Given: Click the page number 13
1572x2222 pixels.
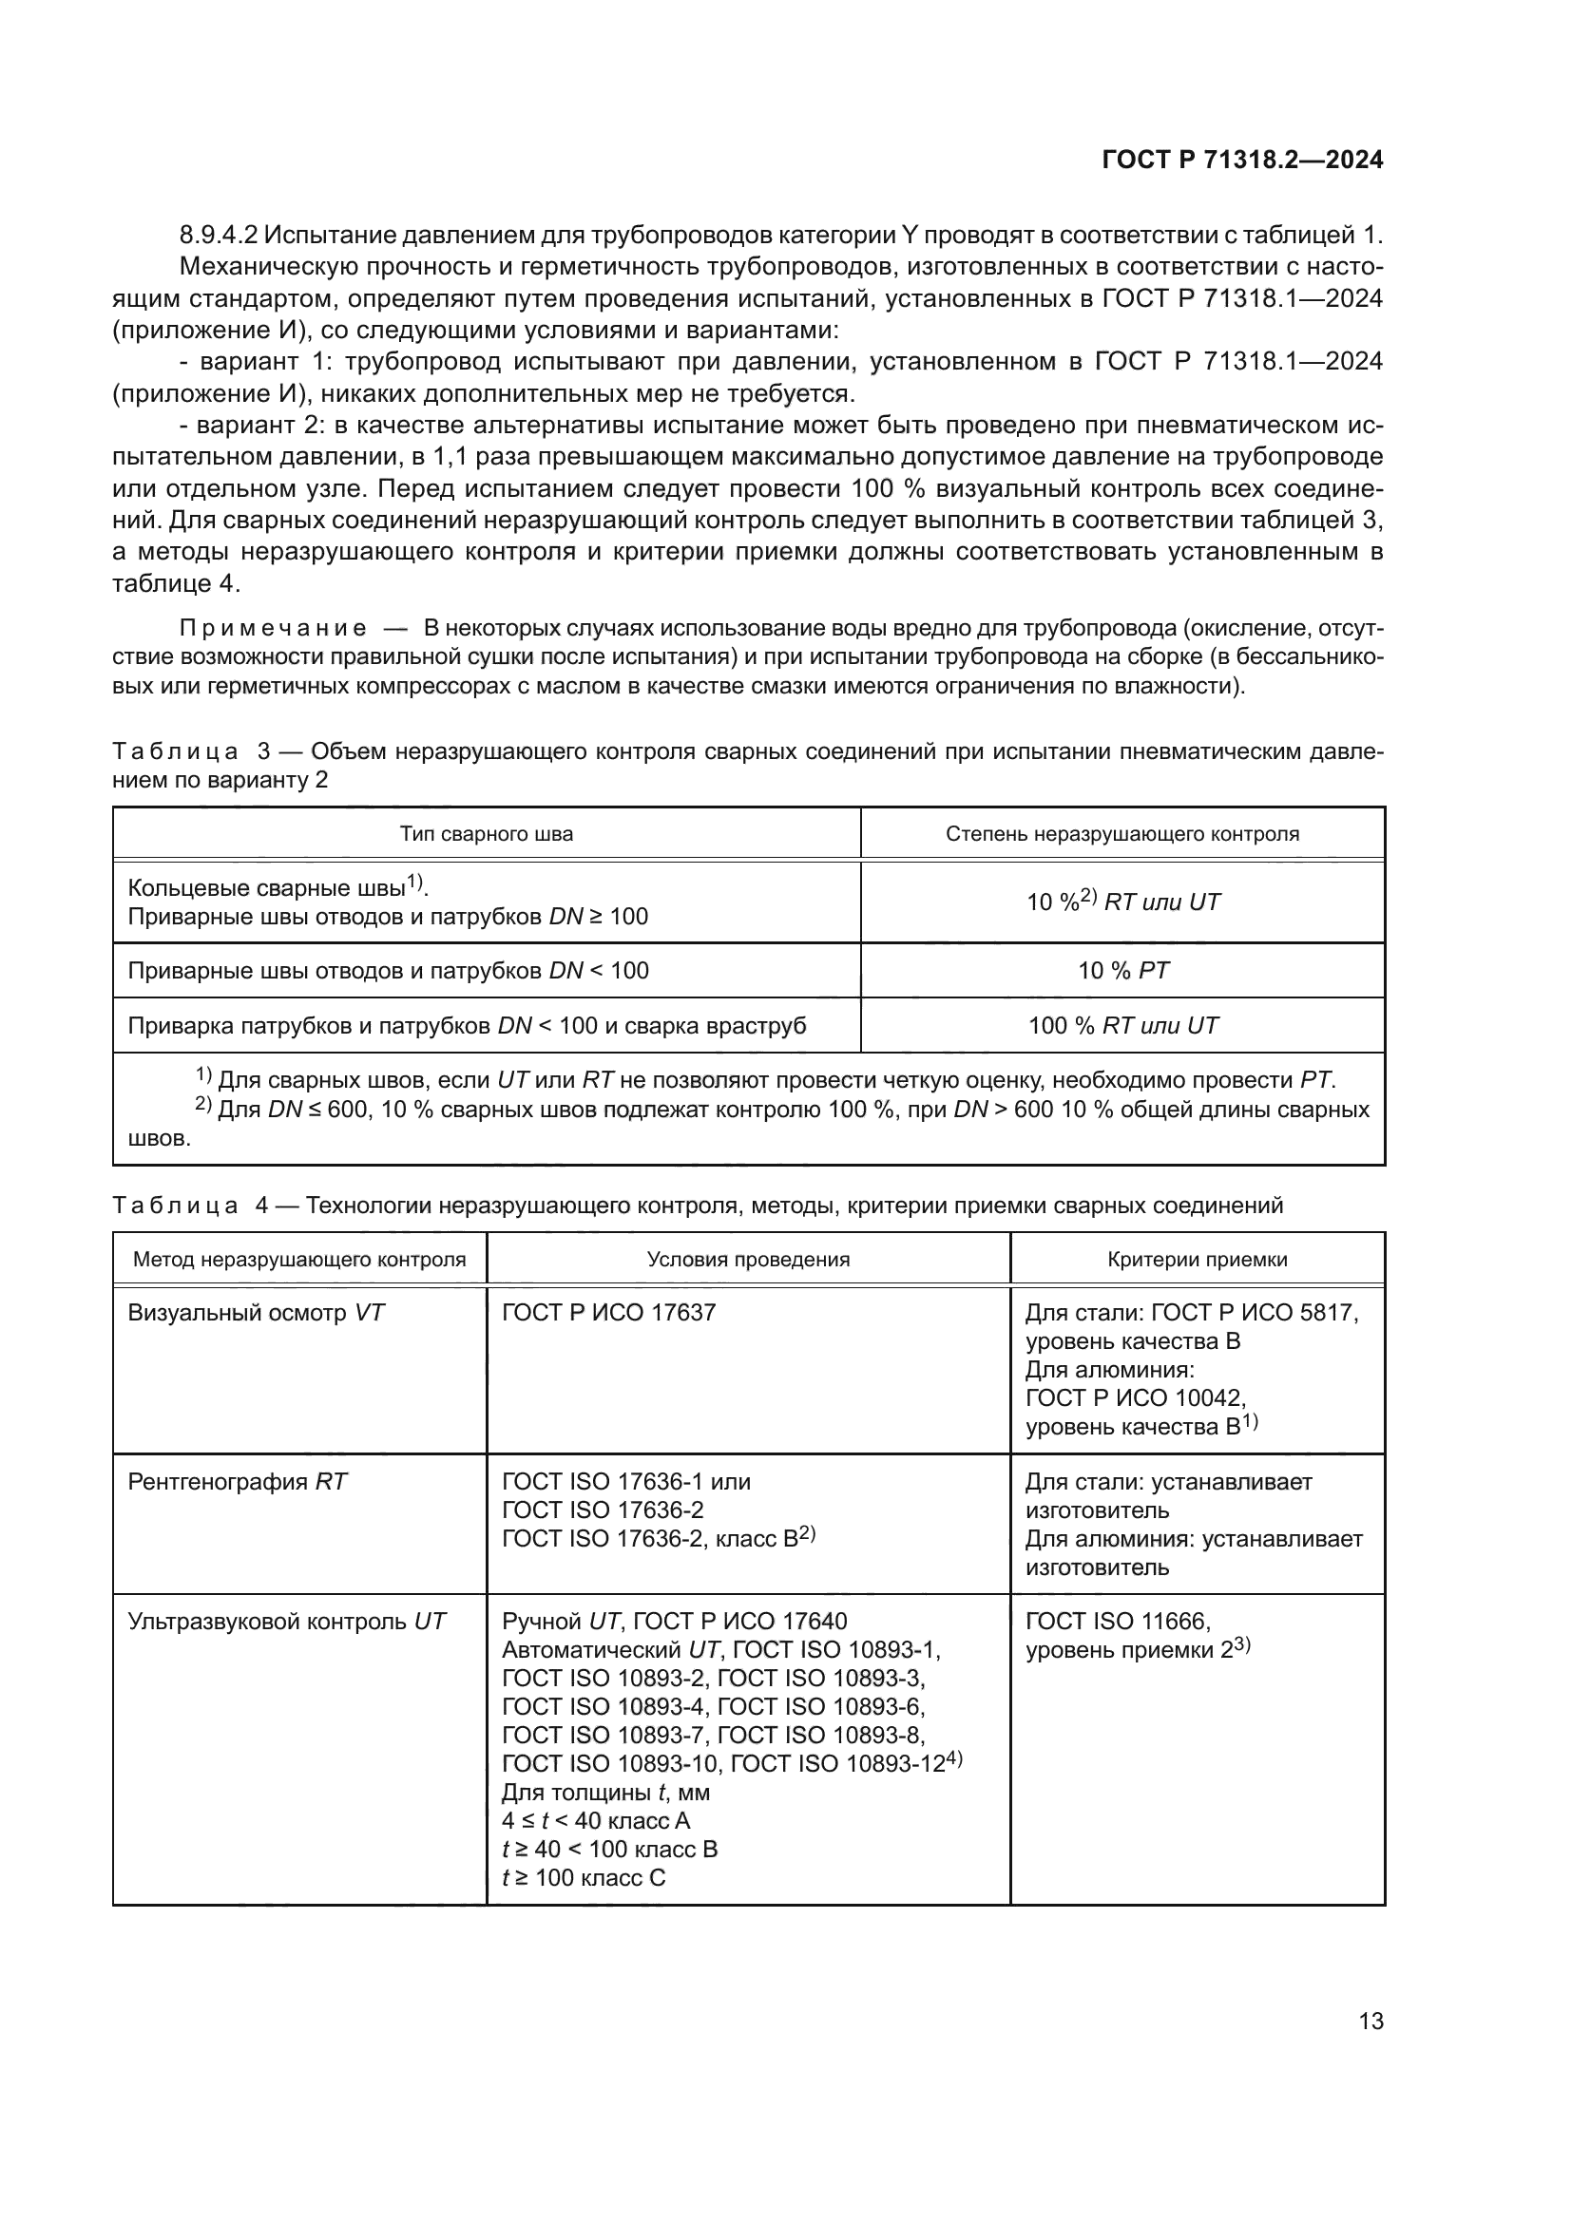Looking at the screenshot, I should pos(1371,2022).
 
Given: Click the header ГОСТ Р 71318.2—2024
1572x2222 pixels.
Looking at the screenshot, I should pos(1243,161).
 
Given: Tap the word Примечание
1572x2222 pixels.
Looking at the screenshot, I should pos(273,629).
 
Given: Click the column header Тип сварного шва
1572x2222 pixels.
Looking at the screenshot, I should pos(486,834).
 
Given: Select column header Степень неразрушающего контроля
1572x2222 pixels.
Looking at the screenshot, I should pos(1121,834).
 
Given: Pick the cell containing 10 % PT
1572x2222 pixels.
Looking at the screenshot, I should pos(1122,971).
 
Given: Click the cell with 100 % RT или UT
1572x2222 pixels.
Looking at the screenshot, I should pos(1122,1026).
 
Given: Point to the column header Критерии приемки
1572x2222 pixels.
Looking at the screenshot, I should pos(1198,1259).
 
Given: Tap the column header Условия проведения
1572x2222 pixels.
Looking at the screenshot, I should pos(748,1259).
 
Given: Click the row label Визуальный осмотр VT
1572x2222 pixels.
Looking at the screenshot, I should pos(257,1313).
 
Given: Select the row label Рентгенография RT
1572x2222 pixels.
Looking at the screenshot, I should pos(238,1482).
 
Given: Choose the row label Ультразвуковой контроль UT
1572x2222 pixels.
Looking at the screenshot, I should pos(286,1621).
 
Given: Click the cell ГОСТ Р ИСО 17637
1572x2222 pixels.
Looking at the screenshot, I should pos(609,1313).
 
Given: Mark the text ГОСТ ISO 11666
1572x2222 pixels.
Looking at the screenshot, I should pos(1118,1621).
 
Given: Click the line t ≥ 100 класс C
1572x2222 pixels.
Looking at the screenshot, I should pos(584,1878).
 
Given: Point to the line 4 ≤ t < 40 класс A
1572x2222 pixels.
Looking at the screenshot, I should pos(595,1821).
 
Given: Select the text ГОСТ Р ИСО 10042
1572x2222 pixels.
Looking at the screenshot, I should pos(1135,1398).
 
